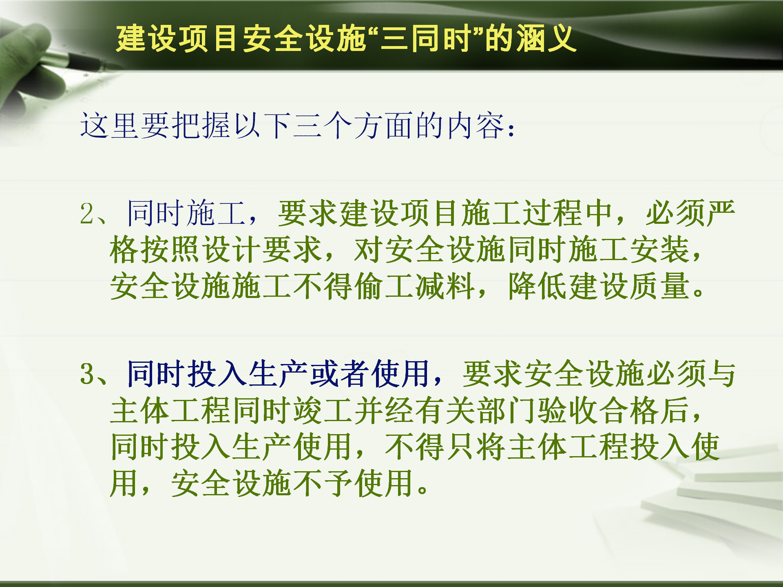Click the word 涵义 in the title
point(546,39)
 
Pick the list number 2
point(88,214)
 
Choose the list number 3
point(88,374)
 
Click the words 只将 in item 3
point(476,447)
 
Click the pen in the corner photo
point(77,60)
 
